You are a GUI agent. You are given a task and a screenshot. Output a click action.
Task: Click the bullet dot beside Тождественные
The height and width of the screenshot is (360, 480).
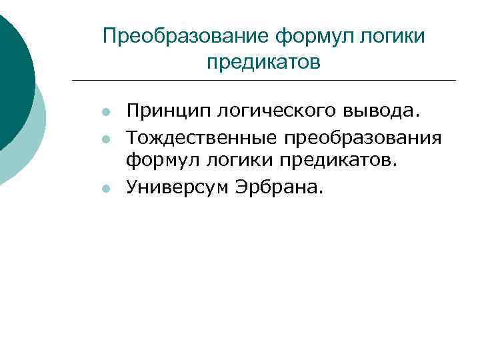[x=105, y=138]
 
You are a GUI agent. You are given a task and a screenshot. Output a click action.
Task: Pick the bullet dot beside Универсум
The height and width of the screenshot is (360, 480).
[x=105, y=189]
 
